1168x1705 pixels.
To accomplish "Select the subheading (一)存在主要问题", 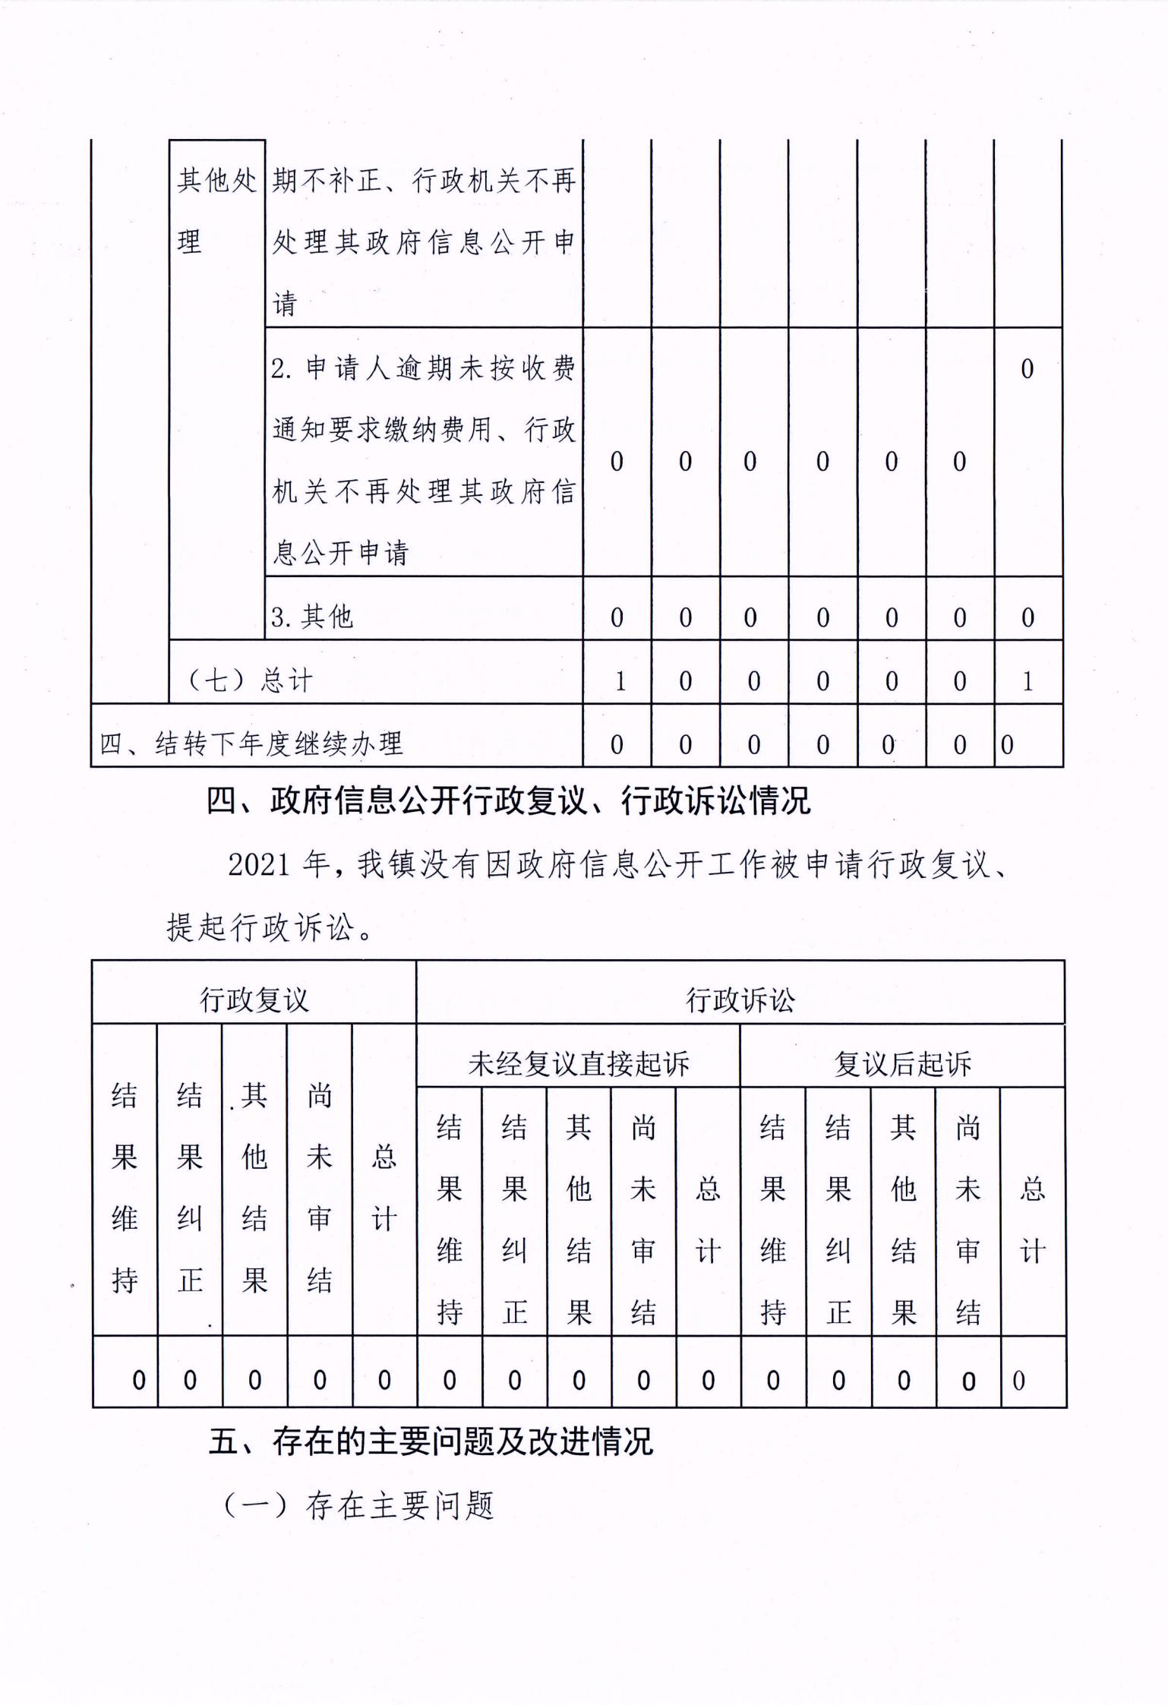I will click(359, 1505).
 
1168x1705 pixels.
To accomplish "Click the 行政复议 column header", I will click(254, 999).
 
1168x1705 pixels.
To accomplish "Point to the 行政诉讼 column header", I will click(740, 999).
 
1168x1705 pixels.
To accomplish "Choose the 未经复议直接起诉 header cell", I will click(579, 1063).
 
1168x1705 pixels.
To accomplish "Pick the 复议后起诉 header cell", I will click(902, 1063).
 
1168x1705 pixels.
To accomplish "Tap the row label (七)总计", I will click(250, 680).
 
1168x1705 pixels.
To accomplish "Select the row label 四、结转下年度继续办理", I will click(251, 744).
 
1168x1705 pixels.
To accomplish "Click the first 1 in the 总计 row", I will click(620, 681).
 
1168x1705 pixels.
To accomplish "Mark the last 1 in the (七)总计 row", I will click(1028, 681).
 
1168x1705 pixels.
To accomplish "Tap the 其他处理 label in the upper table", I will click(216, 211).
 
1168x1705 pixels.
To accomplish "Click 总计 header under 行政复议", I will click(384, 1188).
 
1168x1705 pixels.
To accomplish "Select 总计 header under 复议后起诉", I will click(1032, 1220).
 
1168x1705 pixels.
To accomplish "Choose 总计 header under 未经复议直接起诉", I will click(708, 1220).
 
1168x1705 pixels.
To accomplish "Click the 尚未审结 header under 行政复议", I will click(320, 1188).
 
